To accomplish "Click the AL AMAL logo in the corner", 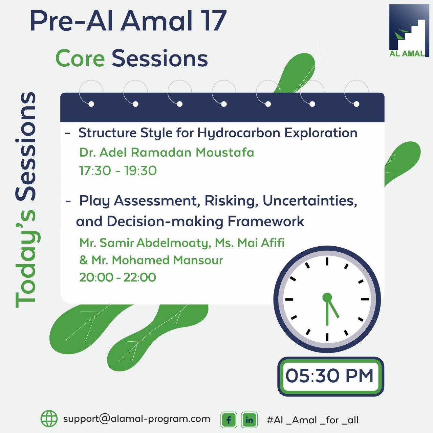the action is click(409, 30).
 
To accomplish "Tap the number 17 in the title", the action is click(214, 21).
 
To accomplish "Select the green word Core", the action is click(80, 59).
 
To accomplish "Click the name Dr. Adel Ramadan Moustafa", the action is click(167, 152).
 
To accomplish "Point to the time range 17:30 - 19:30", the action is click(118, 170).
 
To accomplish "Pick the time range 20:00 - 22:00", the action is click(117, 277).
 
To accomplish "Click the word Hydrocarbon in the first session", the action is click(239, 133).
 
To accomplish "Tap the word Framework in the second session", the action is click(266, 221).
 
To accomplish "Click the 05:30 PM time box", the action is click(331, 376).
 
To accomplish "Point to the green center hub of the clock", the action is click(327, 297).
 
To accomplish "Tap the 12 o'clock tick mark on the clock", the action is click(327, 261).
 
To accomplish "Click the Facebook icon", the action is click(229, 419).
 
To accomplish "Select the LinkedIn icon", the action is click(249, 419).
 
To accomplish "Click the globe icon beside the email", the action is click(49, 418).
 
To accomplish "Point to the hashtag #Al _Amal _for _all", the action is click(312, 420).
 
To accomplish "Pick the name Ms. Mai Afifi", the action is click(250, 243).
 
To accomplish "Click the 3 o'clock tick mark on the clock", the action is click(365, 299).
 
